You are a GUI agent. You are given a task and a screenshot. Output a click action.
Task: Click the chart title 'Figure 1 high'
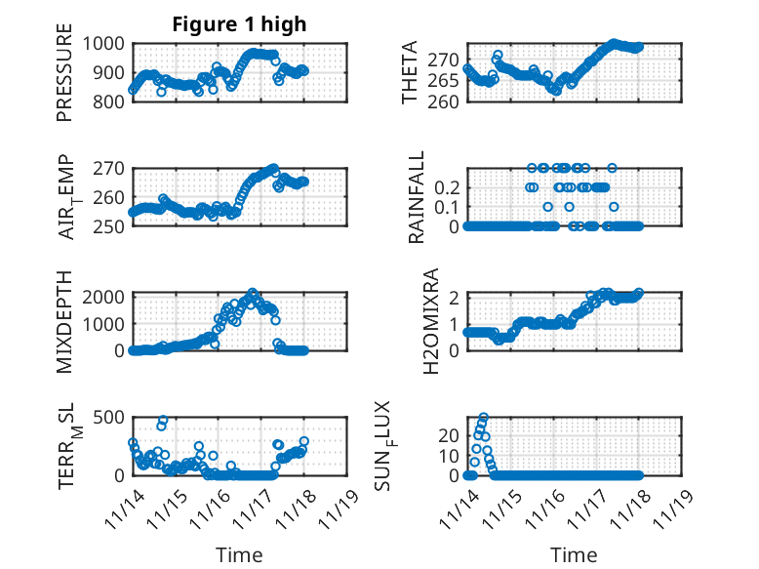pos(239,24)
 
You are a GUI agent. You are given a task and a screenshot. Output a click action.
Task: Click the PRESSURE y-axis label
pos(65,79)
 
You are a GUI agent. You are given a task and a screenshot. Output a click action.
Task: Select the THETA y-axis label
pos(411,73)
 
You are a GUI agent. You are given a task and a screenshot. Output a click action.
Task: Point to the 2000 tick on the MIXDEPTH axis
pos(104,296)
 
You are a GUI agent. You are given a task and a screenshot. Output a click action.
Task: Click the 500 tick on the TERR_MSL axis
pos(109,419)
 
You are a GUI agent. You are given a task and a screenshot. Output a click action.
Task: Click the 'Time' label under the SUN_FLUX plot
pos(574,554)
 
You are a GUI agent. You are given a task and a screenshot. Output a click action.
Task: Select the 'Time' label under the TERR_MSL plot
pos(239,554)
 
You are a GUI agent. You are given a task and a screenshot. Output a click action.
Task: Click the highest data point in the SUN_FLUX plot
pos(484,417)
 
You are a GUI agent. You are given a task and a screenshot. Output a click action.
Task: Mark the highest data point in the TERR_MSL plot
pos(164,420)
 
